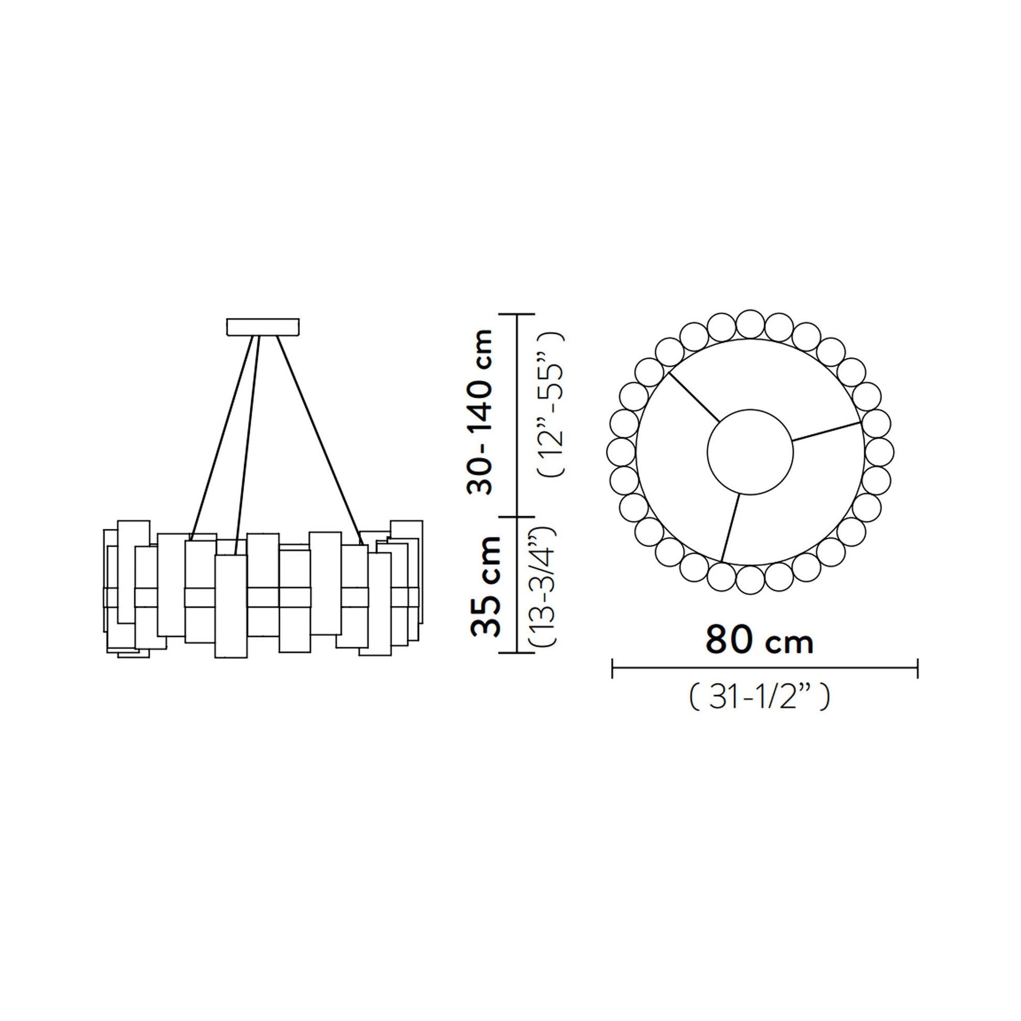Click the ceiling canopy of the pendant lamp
[x=263, y=326]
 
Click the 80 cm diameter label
[x=758, y=642]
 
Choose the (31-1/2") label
[x=759, y=699]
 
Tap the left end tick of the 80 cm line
[x=612, y=668]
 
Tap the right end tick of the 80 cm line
[x=918, y=668]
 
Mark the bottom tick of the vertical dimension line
[x=517, y=653]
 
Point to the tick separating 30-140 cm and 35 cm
[x=517, y=516]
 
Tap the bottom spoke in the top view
[x=731, y=527]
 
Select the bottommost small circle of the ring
[x=750, y=580]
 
